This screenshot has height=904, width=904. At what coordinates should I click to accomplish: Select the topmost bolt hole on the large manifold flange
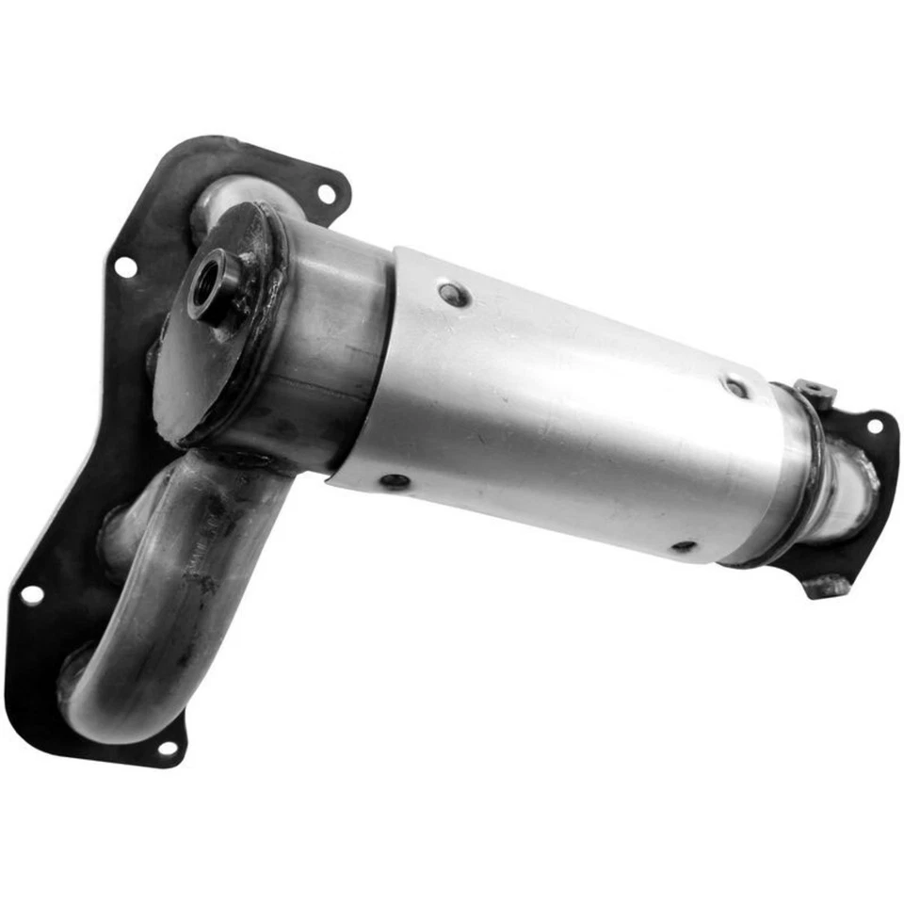(x=326, y=195)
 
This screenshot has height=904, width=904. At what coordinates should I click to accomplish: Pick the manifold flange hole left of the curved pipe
(x=32, y=595)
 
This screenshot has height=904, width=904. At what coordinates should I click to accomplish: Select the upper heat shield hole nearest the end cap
(x=454, y=295)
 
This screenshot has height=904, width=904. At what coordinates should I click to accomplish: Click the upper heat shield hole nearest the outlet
(x=735, y=386)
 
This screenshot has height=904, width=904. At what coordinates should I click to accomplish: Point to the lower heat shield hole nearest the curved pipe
(x=395, y=481)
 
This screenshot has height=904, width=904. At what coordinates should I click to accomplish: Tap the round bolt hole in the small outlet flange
(x=874, y=426)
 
